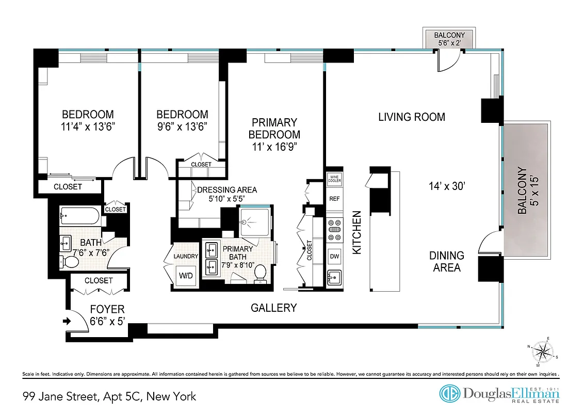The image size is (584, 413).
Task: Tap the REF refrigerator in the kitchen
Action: (334, 199)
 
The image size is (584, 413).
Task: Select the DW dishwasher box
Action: (334, 256)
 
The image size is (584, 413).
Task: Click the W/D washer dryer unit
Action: (185, 275)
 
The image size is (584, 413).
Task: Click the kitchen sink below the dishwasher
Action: (334, 278)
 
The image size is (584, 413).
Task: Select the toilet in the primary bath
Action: (261, 272)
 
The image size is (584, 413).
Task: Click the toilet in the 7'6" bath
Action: (69, 262)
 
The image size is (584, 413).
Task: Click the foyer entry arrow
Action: (67, 321)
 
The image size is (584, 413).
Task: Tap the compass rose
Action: (541, 353)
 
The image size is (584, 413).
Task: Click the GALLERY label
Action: (273, 308)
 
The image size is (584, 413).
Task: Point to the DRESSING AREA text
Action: (227, 189)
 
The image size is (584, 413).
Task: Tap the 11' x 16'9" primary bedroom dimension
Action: (274, 146)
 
